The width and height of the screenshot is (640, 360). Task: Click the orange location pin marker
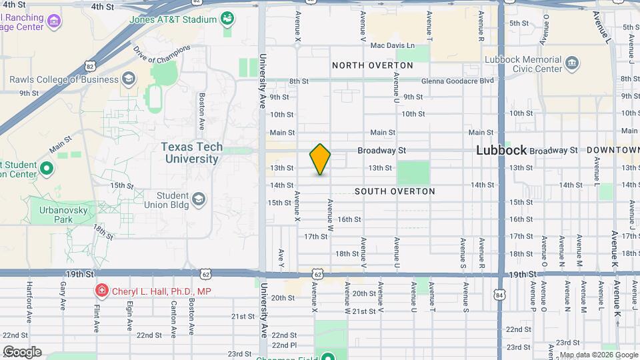click(x=321, y=159)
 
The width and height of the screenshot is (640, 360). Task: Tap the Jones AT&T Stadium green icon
click(x=228, y=18)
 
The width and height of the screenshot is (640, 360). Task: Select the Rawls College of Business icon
click(x=128, y=80)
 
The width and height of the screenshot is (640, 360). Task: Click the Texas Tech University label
click(x=192, y=153)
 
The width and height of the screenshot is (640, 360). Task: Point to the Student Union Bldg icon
click(x=198, y=199)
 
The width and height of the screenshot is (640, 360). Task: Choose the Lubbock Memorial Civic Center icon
click(x=571, y=64)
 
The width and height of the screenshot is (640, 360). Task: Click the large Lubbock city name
click(x=501, y=151)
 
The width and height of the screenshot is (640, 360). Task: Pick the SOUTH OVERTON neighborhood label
click(x=395, y=191)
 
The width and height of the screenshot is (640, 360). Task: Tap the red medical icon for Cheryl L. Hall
click(x=101, y=291)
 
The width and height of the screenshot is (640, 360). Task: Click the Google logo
click(x=21, y=352)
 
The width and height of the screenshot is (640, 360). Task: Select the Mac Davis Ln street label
click(x=392, y=46)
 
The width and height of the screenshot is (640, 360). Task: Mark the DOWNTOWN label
click(x=613, y=151)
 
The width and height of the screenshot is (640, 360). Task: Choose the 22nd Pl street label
click(x=283, y=345)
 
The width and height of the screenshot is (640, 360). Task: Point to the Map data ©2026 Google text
click(x=598, y=354)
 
